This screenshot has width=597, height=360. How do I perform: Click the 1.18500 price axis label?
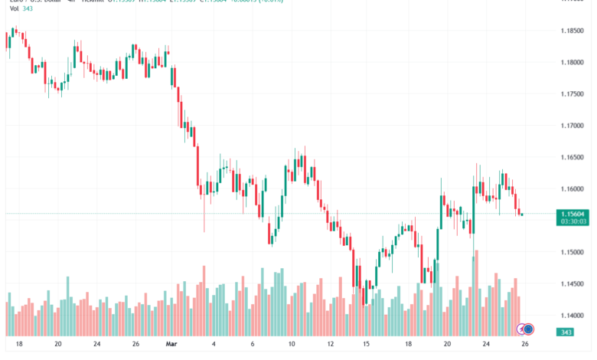[x=573, y=31]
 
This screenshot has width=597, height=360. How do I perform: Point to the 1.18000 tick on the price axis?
[x=573, y=62]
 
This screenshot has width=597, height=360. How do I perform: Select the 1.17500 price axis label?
[x=573, y=93]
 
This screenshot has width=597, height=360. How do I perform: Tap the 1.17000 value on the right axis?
[x=573, y=126]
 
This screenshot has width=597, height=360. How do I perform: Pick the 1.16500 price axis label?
[x=573, y=157]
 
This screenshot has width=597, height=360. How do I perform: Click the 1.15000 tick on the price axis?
[x=573, y=252]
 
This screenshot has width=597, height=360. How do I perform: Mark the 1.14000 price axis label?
[x=573, y=316]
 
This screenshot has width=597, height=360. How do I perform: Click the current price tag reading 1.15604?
[x=574, y=214]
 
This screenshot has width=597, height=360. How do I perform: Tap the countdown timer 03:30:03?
[x=574, y=221]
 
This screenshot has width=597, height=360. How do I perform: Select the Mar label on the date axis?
[x=171, y=344]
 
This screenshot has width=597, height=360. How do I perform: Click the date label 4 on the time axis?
[x=214, y=344]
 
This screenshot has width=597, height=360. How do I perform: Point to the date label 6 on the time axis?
[x=253, y=344]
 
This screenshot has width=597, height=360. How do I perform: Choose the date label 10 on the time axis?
[x=292, y=344]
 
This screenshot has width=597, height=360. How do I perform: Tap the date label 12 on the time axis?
[x=330, y=344]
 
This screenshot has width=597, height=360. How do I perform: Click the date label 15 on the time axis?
[x=367, y=344]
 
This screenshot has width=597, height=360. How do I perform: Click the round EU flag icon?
[x=528, y=329]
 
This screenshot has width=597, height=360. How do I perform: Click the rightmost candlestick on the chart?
[x=521, y=214]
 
